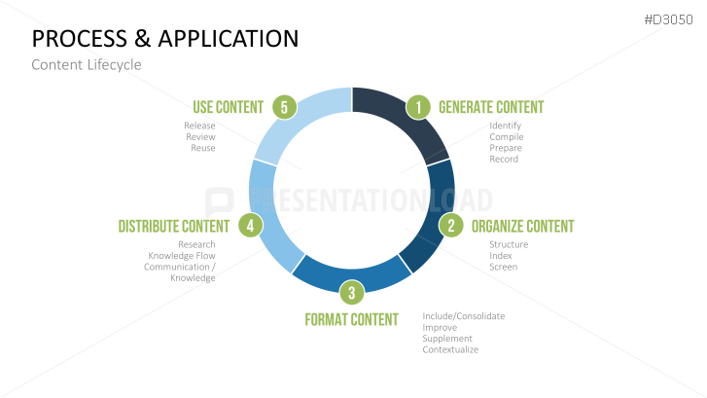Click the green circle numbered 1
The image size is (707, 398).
point(418,107)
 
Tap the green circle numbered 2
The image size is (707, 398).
point(451,225)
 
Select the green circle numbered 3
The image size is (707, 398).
point(352,292)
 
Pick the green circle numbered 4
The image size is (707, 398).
point(251,225)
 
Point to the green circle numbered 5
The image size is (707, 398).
point(285,107)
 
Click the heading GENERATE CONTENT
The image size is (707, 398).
point(491,107)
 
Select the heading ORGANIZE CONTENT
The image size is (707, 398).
point(522,227)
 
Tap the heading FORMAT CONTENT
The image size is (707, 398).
point(352,319)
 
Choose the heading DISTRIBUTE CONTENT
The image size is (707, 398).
point(174,227)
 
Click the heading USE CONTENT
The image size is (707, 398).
point(229,107)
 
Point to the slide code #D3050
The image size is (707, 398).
point(668,19)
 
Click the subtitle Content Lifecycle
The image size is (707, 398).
point(87,65)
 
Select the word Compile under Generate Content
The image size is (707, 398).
point(507,137)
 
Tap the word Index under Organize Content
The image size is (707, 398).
point(501,256)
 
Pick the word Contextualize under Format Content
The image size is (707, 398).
point(450,349)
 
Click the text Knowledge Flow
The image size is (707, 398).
point(182,256)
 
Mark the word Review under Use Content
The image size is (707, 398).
point(200,137)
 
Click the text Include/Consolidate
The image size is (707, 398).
point(464,316)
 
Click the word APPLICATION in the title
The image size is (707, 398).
point(229,38)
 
